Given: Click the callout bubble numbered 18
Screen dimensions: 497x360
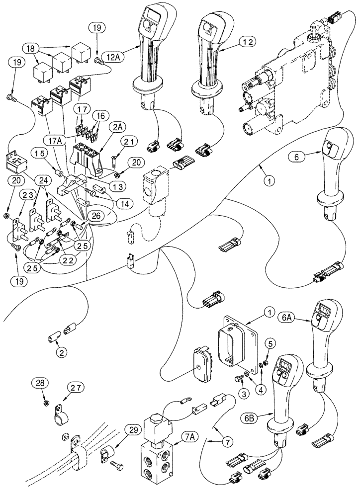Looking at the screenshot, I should (30, 48).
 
